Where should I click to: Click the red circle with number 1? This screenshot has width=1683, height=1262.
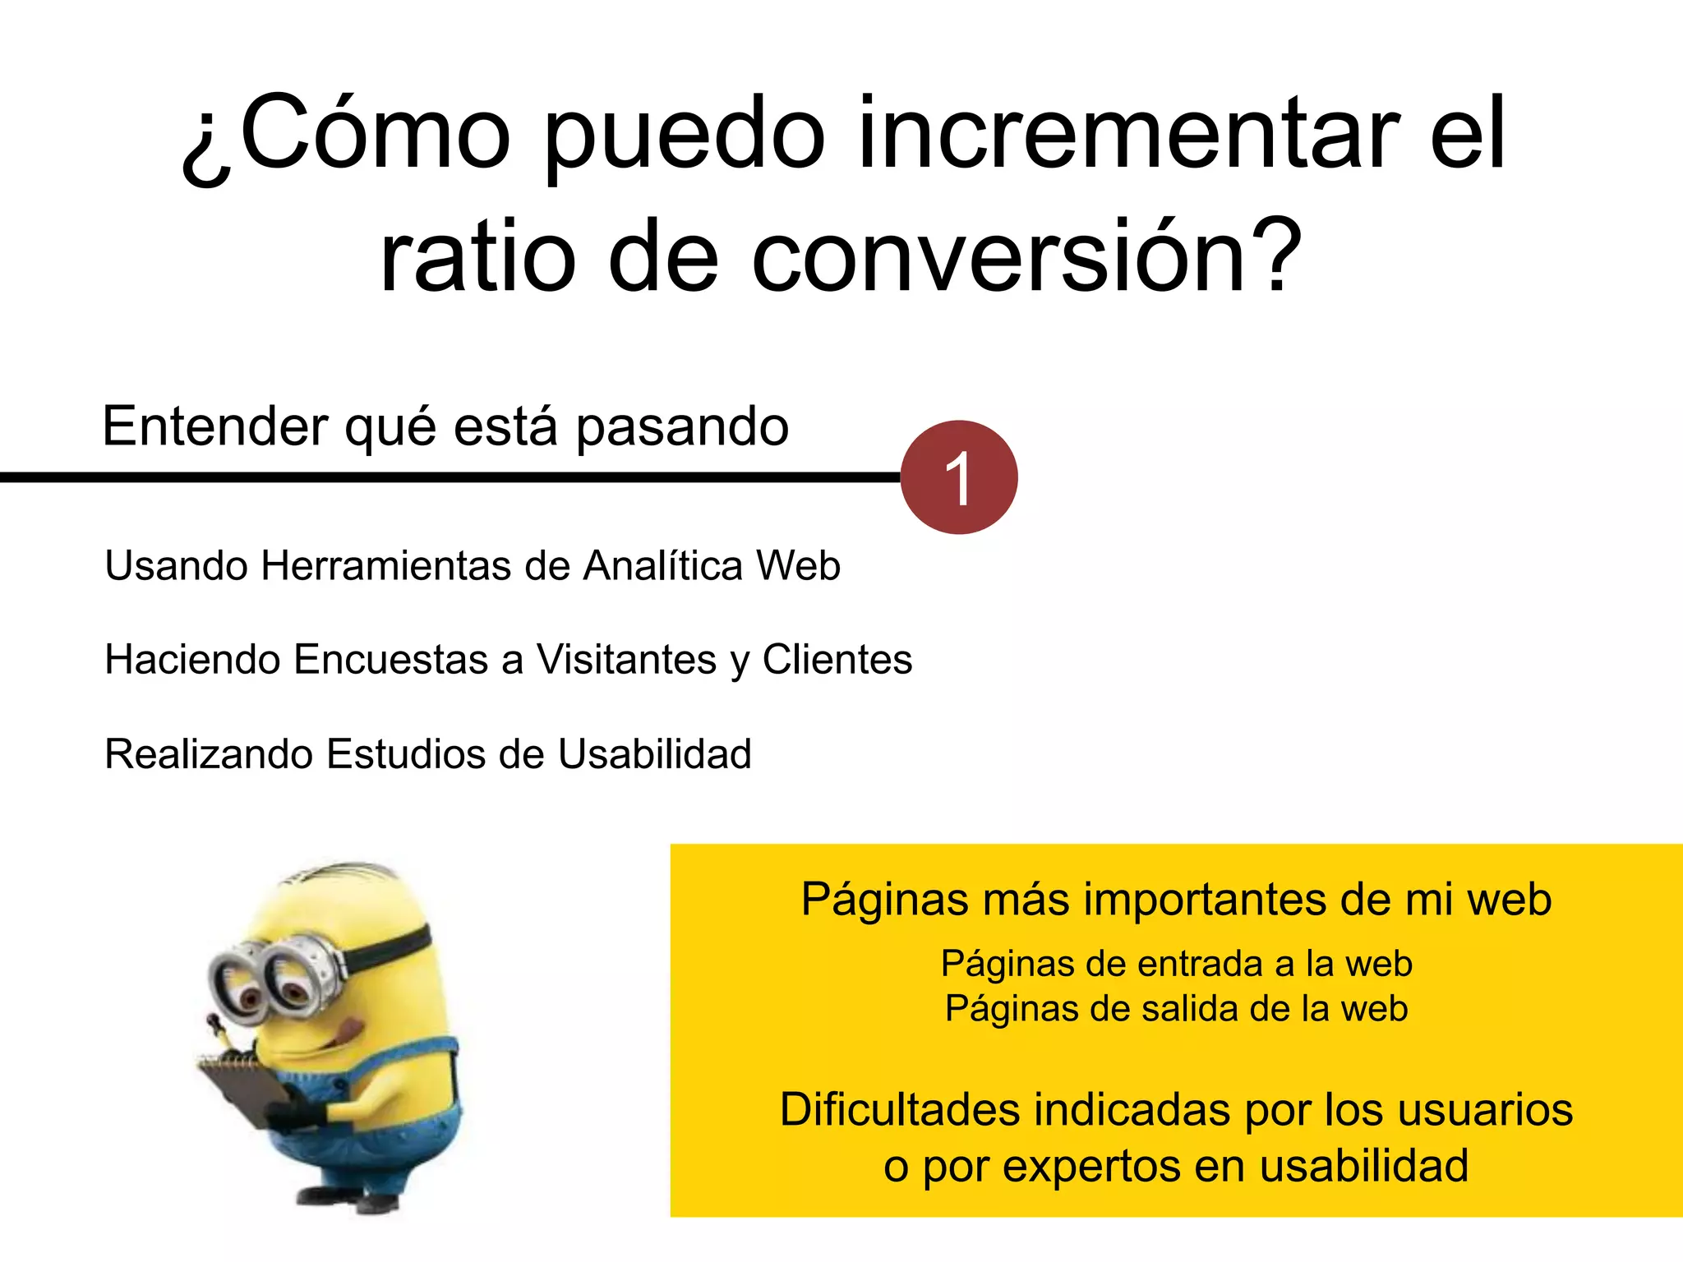coord(959,477)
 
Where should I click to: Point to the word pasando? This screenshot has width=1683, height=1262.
coord(682,428)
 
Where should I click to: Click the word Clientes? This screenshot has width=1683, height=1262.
coord(837,660)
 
